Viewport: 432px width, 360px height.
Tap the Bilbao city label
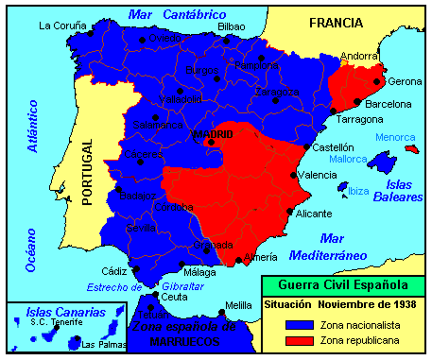coord(231,26)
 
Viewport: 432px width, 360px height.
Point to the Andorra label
coord(359,56)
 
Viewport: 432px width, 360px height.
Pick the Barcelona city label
coord(389,104)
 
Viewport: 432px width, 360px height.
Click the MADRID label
coord(213,135)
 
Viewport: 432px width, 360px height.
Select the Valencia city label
coord(317,176)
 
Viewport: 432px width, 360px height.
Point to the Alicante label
coord(314,214)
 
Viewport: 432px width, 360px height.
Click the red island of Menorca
coord(410,148)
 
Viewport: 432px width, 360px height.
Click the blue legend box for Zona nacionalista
coord(298,322)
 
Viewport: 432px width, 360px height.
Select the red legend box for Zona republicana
coord(298,339)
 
